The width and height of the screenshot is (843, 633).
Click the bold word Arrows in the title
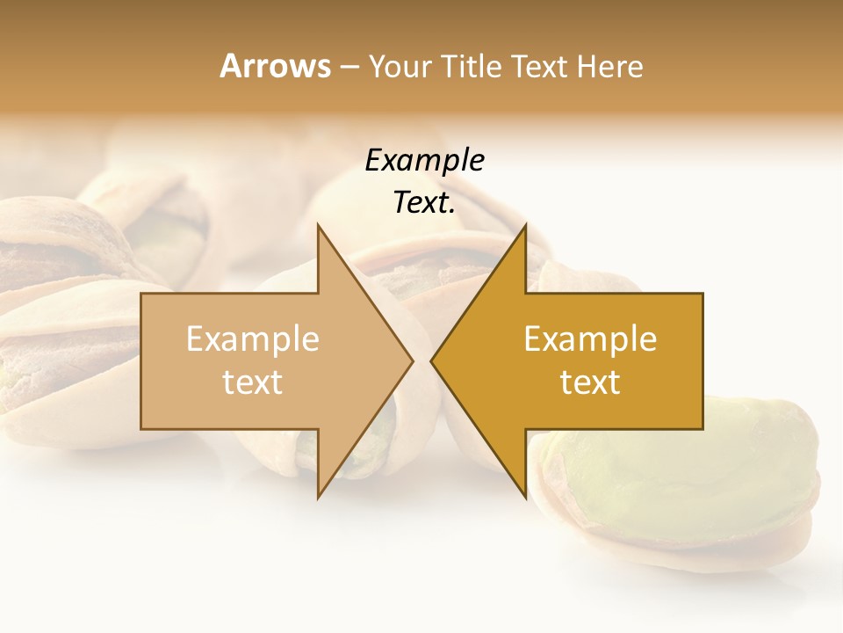(x=275, y=66)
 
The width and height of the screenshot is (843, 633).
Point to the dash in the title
(x=349, y=67)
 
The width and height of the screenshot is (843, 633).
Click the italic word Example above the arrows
(x=424, y=160)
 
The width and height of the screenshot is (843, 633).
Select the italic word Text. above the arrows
(x=424, y=203)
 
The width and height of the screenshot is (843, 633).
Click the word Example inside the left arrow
(x=253, y=339)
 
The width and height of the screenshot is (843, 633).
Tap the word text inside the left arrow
(x=253, y=382)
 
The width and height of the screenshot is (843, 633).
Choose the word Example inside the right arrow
(x=590, y=339)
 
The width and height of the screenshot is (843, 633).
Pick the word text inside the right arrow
(x=590, y=382)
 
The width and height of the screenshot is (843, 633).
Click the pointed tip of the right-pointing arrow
(x=412, y=360)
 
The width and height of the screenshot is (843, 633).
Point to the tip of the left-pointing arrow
(x=432, y=360)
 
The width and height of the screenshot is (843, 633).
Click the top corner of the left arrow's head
(x=319, y=226)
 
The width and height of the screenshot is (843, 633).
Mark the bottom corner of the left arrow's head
(x=319, y=497)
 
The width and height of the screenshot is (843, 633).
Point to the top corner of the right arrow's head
(x=525, y=226)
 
